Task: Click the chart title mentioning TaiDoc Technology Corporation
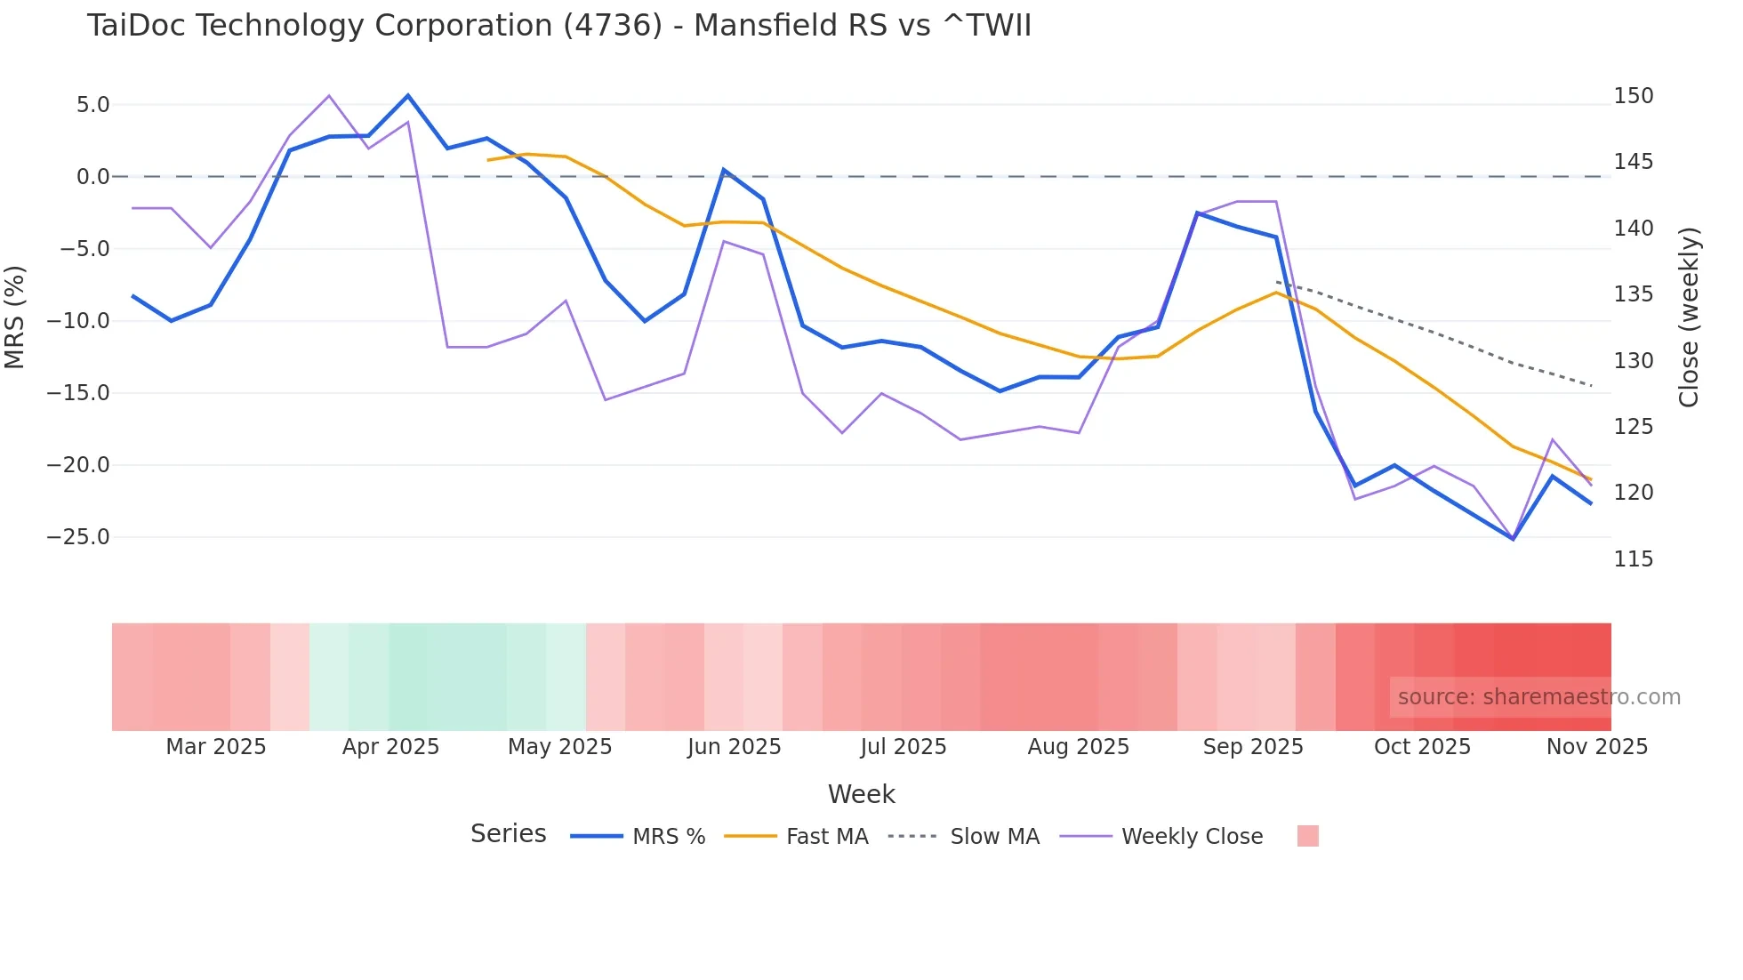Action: (558, 26)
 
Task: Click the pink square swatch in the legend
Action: (1307, 836)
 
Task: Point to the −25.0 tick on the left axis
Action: (78, 537)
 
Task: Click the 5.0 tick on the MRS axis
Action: (92, 105)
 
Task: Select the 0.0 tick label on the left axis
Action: (92, 177)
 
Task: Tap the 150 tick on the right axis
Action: (1634, 96)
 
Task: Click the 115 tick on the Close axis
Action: (1634, 559)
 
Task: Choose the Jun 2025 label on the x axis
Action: (734, 747)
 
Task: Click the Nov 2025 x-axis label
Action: (1596, 747)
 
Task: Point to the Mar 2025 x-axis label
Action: (216, 747)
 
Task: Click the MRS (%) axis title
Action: (15, 317)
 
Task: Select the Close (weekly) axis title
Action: (1688, 317)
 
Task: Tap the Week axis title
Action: (861, 794)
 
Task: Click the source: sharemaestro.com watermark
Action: (1538, 697)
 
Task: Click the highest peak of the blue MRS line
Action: (408, 95)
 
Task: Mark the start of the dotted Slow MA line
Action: (1277, 282)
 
